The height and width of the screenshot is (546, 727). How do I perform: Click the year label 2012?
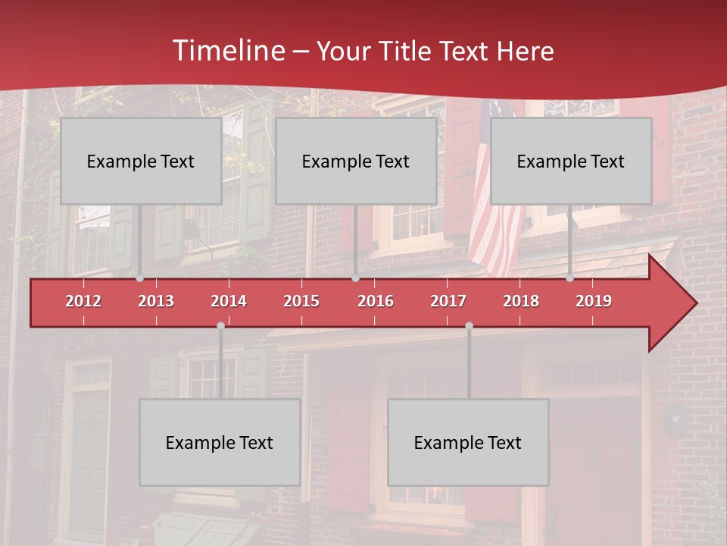83,301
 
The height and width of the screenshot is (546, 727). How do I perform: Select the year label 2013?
156,301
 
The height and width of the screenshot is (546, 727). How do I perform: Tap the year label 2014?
229,301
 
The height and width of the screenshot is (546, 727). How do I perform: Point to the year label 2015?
301,301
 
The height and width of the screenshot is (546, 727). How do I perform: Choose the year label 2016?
376,301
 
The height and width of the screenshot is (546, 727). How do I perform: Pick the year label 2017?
448,301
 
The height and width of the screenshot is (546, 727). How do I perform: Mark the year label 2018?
521,301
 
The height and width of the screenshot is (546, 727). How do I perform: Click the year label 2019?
594,301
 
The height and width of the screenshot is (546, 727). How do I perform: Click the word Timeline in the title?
228,51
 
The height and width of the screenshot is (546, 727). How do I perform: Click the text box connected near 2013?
141,161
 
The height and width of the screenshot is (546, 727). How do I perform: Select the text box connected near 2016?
356,161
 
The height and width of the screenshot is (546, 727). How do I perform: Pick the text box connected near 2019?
571,161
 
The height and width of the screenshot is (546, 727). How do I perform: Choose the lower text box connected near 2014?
220,442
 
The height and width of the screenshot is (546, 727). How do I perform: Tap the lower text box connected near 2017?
468,442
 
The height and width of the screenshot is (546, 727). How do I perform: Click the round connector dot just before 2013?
139,278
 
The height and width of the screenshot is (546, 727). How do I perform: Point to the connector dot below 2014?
220,326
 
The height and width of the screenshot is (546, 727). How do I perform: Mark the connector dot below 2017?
469,326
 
